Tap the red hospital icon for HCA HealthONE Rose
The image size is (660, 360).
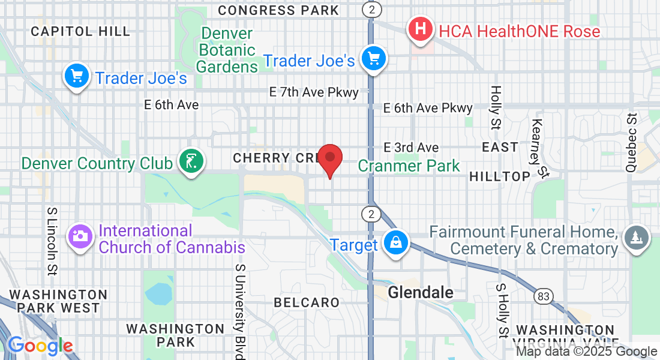coord(421,29)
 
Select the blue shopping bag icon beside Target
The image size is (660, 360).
coord(395,244)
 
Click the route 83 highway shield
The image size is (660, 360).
coord(544,296)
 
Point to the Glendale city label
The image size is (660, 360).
coord(420,293)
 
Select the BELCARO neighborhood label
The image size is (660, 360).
coord(307,302)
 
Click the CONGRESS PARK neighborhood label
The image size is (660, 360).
coord(278,10)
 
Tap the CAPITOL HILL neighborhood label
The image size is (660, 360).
coord(80,31)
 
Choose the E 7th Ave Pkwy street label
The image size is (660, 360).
coord(314,92)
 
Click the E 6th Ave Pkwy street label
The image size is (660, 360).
coord(428,108)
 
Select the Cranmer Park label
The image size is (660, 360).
coord(409,166)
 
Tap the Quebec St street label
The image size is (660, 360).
coord(631,143)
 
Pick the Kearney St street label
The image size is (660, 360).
coord(539,148)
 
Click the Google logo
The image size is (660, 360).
coord(40,346)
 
